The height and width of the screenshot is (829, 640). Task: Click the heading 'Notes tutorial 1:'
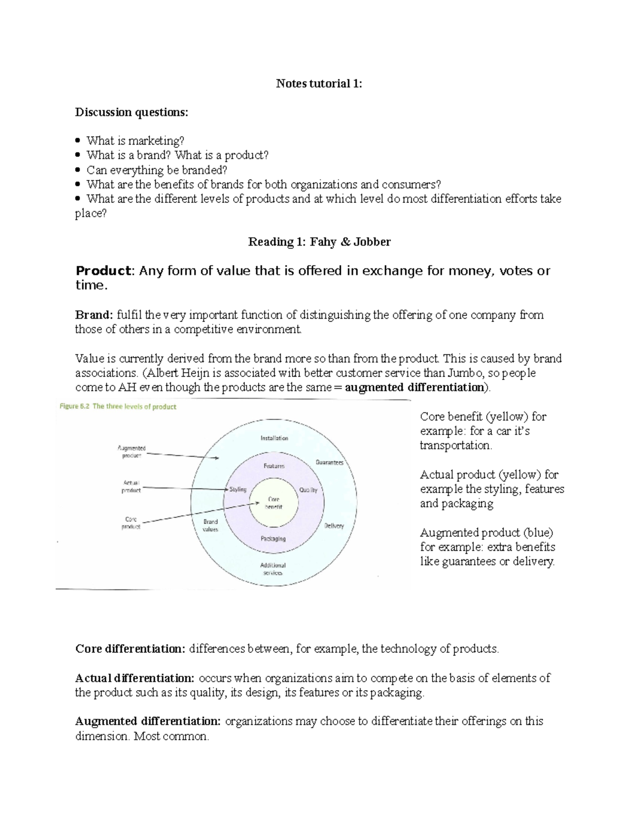point(318,83)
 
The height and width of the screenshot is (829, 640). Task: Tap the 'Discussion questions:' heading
point(131,112)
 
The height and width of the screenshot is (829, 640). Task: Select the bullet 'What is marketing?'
point(135,141)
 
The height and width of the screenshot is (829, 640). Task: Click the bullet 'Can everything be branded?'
point(157,170)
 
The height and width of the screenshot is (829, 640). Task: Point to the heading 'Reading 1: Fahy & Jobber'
point(319,242)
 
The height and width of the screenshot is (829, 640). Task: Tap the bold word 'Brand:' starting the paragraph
point(94,315)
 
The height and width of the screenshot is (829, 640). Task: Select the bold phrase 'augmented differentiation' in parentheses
point(414,388)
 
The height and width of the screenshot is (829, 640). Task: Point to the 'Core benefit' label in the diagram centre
point(274,502)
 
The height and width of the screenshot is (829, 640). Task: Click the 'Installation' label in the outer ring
point(274,438)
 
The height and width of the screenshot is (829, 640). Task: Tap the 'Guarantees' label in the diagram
point(330,462)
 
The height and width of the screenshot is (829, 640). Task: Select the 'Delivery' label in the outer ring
point(334,526)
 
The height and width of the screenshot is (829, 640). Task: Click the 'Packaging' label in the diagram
point(273,539)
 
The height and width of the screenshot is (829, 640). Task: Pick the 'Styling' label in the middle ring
point(238,489)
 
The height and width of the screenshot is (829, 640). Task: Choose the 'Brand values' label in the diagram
point(210,525)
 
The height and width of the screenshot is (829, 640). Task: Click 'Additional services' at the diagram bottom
point(273,569)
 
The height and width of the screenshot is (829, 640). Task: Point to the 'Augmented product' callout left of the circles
point(131,452)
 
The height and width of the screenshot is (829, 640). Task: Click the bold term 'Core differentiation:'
point(130,649)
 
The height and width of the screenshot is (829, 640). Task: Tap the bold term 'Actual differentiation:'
point(135,678)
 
